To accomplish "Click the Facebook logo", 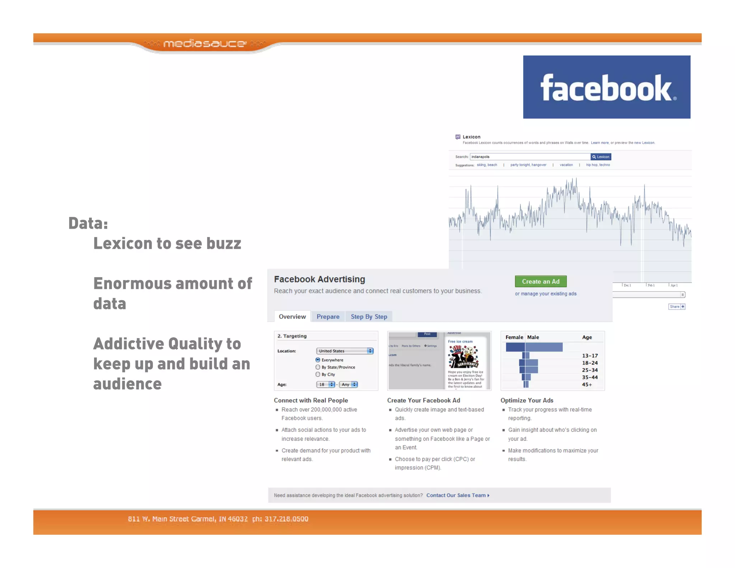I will tap(606, 87).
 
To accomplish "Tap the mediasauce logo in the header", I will tap(205, 44).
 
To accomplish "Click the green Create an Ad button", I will tap(540, 281).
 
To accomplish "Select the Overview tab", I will tap(292, 317).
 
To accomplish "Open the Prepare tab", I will tap(328, 317).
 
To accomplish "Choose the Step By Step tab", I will tap(369, 317).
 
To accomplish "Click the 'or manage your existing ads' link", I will tap(546, 294).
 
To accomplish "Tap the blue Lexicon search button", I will tap(600, 157).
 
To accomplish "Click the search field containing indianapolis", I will tap(530, 157).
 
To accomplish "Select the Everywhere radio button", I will tap(318, 360).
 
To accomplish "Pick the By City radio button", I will tap(318, 374).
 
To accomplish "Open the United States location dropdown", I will tap(345, 351).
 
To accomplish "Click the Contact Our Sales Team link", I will tap(457, 495).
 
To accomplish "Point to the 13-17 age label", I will tap(590, 356).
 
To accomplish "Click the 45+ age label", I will tap(587, 385).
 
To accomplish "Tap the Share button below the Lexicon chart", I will tap(677, 307).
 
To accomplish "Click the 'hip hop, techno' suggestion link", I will tap(598, 165).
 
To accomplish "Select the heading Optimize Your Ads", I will tap(526, 400).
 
